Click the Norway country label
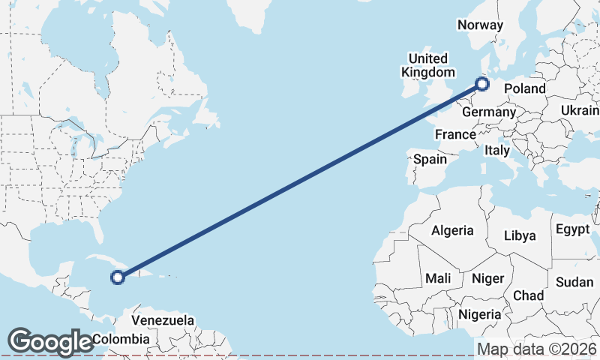point(480,25)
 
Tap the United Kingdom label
point(428,65)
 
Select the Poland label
point(525,88)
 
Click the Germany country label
point(489,112)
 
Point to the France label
point(455,134)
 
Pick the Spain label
point(430,159)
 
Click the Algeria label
point(452,230)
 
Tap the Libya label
point(520,235)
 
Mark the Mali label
point(438,278)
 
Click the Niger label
point(487,278)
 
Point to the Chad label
point(529,295)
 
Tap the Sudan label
point(574,282)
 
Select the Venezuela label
point(163,320)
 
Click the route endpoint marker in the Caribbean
point(118,278)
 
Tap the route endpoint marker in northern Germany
point(482,84)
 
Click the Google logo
point(50,342)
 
